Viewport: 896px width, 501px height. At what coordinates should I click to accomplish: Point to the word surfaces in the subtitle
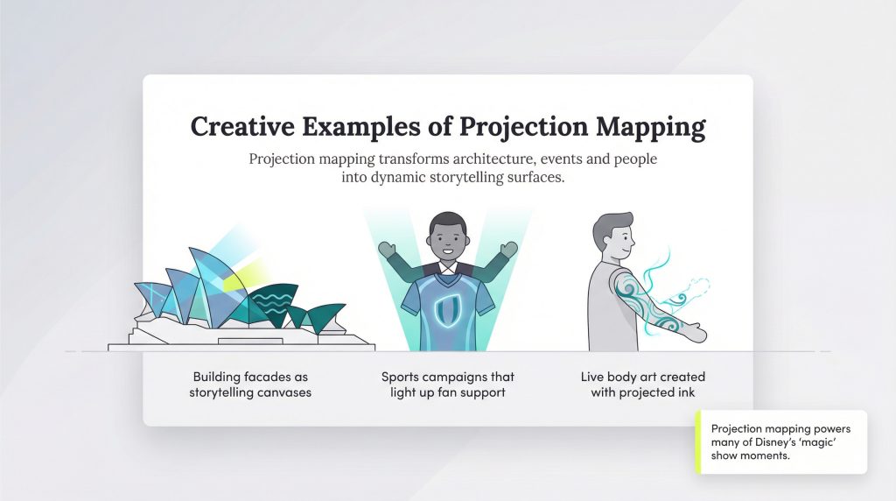coord(535,177)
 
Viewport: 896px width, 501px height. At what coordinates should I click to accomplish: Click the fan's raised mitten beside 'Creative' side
coord(387,250)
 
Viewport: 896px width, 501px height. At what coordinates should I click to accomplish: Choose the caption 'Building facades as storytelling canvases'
coord(250,385)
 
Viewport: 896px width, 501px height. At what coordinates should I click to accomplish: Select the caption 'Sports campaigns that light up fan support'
coord(448,385)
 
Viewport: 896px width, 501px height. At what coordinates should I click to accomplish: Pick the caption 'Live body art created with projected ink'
coord(643,385)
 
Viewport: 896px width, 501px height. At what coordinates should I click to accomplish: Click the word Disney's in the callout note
coord(775,442)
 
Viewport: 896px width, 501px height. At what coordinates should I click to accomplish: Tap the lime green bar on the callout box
coord(698,442)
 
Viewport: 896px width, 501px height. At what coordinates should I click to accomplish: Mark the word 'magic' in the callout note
coord(818,442)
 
